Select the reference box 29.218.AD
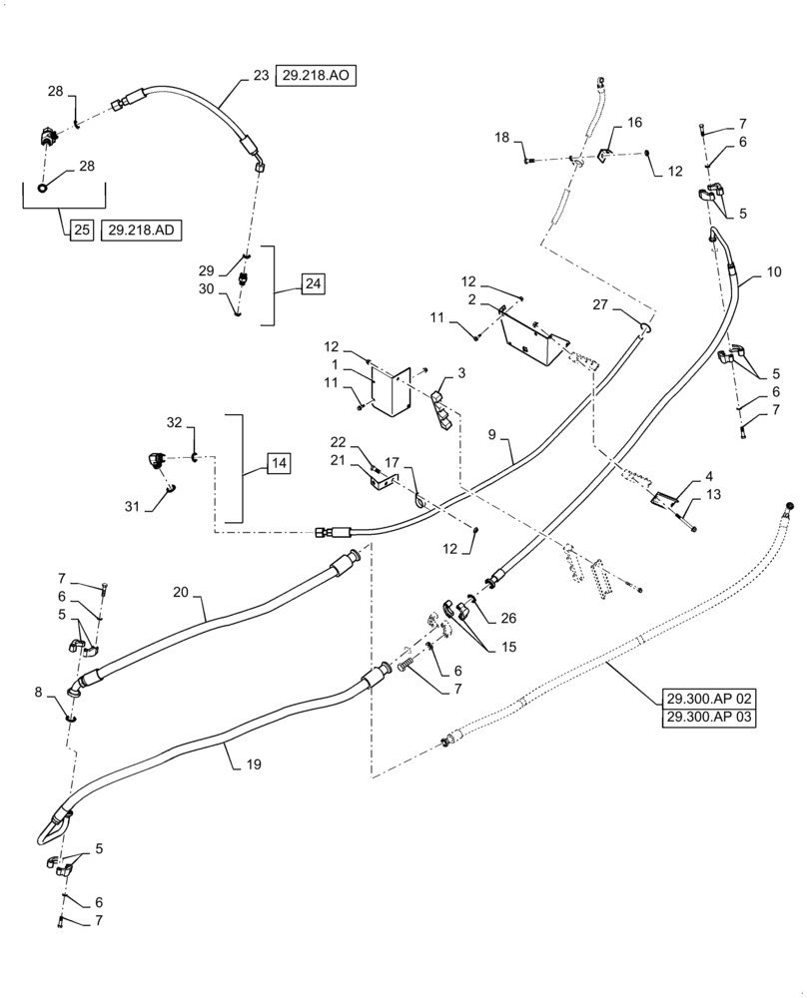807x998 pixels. [x=142, y=230]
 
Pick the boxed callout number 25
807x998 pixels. [x=81, y=230]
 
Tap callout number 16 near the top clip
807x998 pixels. [x=633, y=122]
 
